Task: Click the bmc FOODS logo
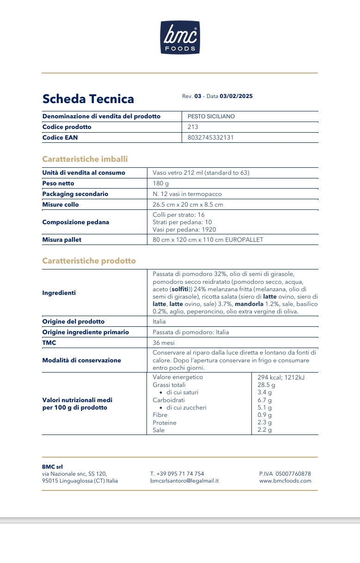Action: pyautogui.click(x=180, y=37)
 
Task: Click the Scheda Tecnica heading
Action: pyautogui.click(x=88, y=99)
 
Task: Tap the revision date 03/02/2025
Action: pyautogui.click(x=236, y=96)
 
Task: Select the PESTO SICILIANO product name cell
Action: pyautogui.click(x=211, y=116)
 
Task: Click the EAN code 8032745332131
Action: pyautogui.click(x=211, y=138)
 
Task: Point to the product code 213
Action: pyautogui.click(x=193, y=127)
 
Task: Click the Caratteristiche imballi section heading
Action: pyautogui.click(x=85, y=159)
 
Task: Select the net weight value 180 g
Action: pyautogui.click(x=161, y=184)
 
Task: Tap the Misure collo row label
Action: pyautogui.click(x=61, y=204)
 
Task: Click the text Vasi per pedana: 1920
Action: pyautogui.click(x=184, y=229)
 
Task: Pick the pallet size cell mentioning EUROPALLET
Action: pyautogui.click(x=208, y=240)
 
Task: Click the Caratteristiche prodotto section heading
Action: pyautogui.click(x=89, y=261)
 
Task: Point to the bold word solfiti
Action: pyautogui.click(x=180, y=289)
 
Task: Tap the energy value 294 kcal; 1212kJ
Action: pyautogui.click(x=281, y=377)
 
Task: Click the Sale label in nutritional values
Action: pyautogui.click(x=159, y=430)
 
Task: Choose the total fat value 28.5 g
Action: pyautogui.click(x=266, y=385)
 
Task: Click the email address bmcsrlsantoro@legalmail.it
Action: pyautogui.click(x=184, y=481)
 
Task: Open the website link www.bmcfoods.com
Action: pyautogui.click(x=285, y=481)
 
